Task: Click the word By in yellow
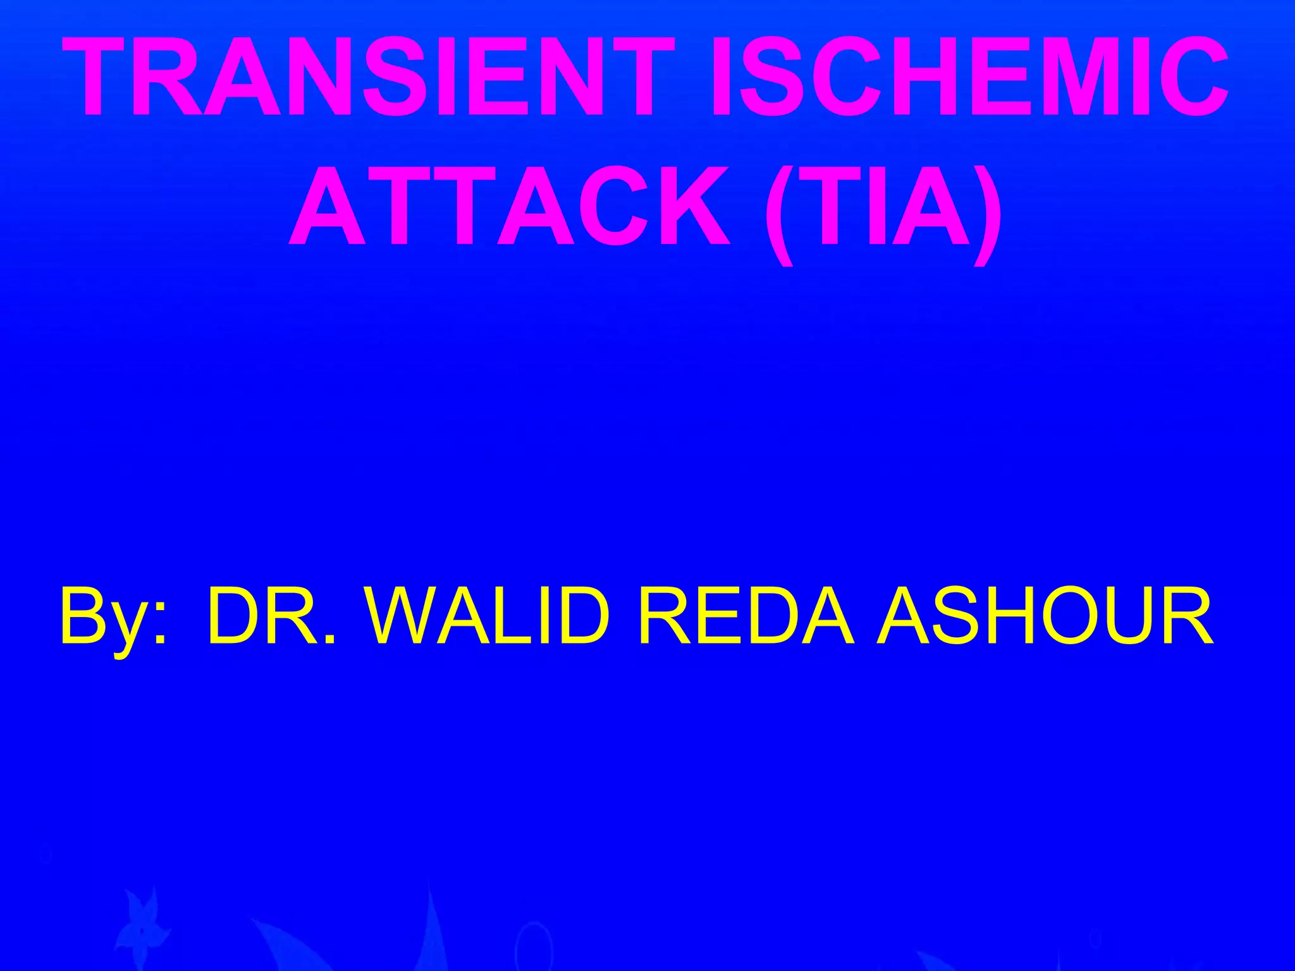pos(101,616)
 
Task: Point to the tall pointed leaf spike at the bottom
pos(430,923)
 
